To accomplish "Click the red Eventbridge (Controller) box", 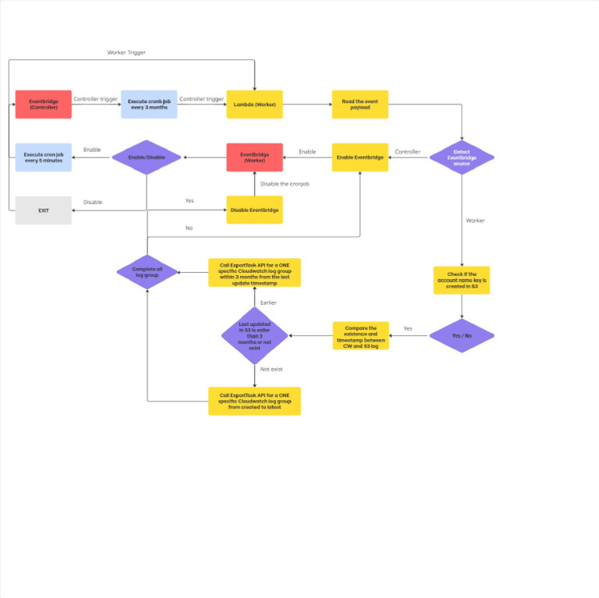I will (x=43, y=104).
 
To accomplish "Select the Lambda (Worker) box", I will (x=254, y=104).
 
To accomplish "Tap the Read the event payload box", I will (x=360, y=104).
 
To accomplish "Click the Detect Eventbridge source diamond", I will (x=462, y=157).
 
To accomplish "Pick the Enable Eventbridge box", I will (x=360, y=157).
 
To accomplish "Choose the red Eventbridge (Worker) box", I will (x=254, y=157).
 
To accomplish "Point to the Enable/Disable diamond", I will (x=147, y=157).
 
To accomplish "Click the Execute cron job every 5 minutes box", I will (x=43, y=157).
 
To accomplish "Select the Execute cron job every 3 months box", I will (x=148, y=104).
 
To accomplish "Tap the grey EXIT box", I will (x=43, y=210).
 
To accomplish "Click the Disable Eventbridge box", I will (x=254, y=210).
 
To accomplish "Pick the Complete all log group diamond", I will (x=147, y=272).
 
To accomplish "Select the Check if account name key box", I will (x=462, y=280).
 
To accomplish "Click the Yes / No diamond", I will (x=462, y=335).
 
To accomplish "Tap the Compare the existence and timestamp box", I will (x=360, y=335).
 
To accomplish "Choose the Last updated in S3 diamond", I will (x=254, y=335).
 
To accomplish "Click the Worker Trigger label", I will (x=126, y=52).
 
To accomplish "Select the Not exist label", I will (x=271, y=369).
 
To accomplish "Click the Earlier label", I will (x=268, y=303).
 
